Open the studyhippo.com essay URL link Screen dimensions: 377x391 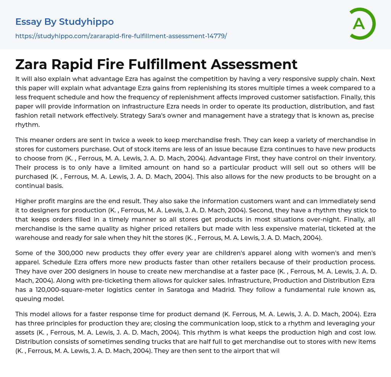click(x=121, y=36)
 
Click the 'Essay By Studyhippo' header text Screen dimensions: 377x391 click(x=65, y=22)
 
